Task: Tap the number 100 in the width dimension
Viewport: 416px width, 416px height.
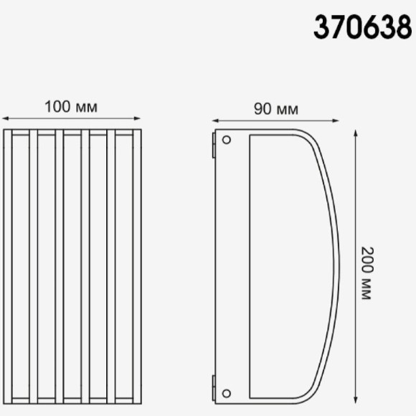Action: pos(57,107)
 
